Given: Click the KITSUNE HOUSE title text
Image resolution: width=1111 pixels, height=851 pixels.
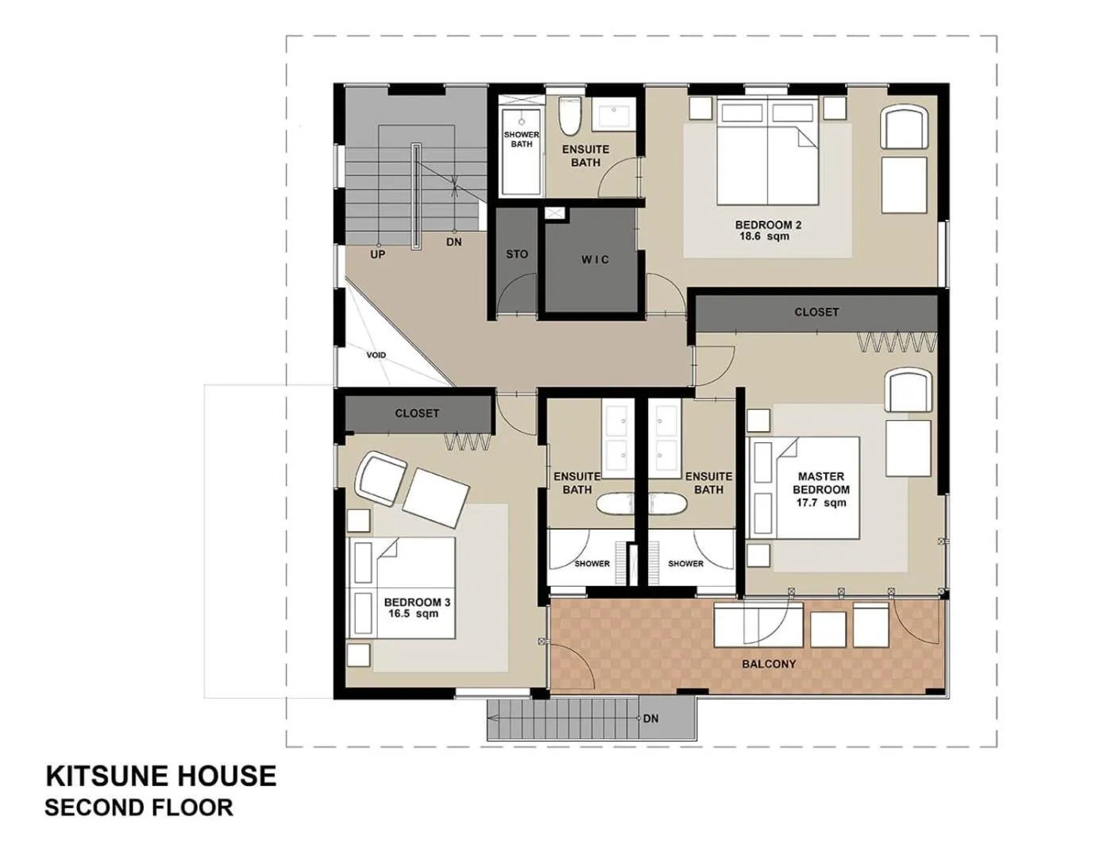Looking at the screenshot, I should pos(160,776).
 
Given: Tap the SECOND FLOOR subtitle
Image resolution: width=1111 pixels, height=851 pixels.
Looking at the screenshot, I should pos(139,808).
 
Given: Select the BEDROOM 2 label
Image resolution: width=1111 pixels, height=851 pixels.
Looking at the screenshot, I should pos(768,225).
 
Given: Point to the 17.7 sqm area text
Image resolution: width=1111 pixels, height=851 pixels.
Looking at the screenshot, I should pos(821,503).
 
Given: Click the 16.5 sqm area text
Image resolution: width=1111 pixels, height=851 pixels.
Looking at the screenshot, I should pos(412,614).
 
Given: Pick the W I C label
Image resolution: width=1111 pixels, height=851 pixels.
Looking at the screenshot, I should pos(595,260).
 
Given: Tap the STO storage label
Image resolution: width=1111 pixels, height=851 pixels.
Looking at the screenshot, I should pos(517,254).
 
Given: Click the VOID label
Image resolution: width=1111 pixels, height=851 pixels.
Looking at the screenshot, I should pos(376,355).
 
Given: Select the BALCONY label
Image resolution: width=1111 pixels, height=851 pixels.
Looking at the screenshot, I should pos(769,664).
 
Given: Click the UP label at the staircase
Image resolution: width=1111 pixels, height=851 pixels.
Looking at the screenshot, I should pos(378,255).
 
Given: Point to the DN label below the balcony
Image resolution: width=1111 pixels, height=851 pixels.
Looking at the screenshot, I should pos(650,718).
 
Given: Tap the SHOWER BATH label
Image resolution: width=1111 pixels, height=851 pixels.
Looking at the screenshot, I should pos(522,140).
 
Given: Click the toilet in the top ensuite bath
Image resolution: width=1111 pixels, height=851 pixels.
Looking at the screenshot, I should pos(569,117).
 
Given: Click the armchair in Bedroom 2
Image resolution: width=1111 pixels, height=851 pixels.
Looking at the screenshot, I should pos(904,128).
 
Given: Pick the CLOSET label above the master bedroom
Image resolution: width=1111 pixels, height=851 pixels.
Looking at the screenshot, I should pos(816,312).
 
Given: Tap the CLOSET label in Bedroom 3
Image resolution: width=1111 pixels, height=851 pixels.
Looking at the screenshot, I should pos(417,414).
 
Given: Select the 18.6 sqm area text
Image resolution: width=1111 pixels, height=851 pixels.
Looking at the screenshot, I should pos(764,237).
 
